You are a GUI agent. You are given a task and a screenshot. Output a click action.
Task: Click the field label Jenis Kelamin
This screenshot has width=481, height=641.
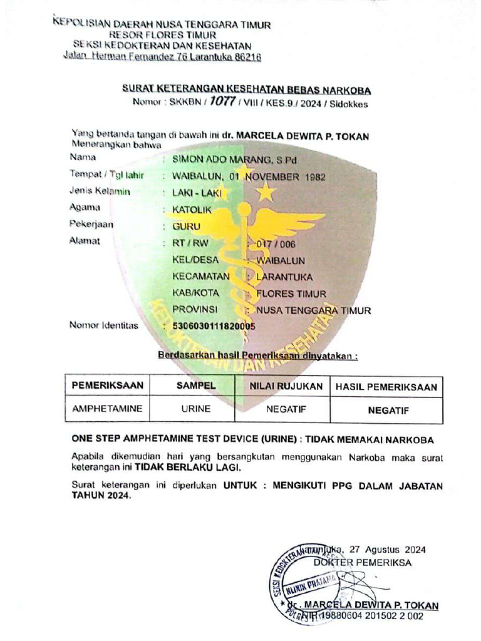tap(100, 192)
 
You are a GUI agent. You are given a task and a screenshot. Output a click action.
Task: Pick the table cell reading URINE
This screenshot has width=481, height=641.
tap(195, 409)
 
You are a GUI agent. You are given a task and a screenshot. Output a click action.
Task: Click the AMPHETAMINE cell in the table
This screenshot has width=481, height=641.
tap(107, 409)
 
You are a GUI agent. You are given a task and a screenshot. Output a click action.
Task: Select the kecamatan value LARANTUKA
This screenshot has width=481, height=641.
tap(289, 276)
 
